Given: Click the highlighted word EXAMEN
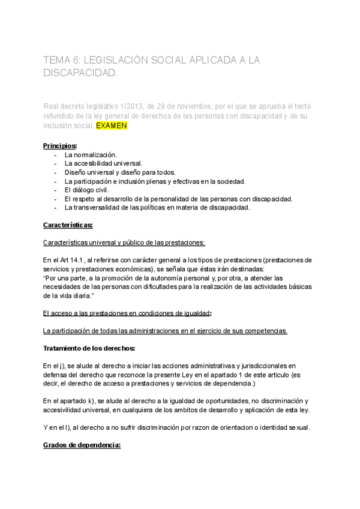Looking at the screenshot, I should tap(112, 127).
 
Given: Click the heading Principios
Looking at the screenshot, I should tap(60, 146).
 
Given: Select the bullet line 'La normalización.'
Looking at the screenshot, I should tap(91, 155).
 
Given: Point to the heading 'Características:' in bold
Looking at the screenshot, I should tap(68, 225).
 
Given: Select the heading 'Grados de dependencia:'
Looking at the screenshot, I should tap(82, 445).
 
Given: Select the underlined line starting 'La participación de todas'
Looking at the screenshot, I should tap(165, 331).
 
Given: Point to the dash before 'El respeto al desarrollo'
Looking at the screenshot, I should tap(55, 199).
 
